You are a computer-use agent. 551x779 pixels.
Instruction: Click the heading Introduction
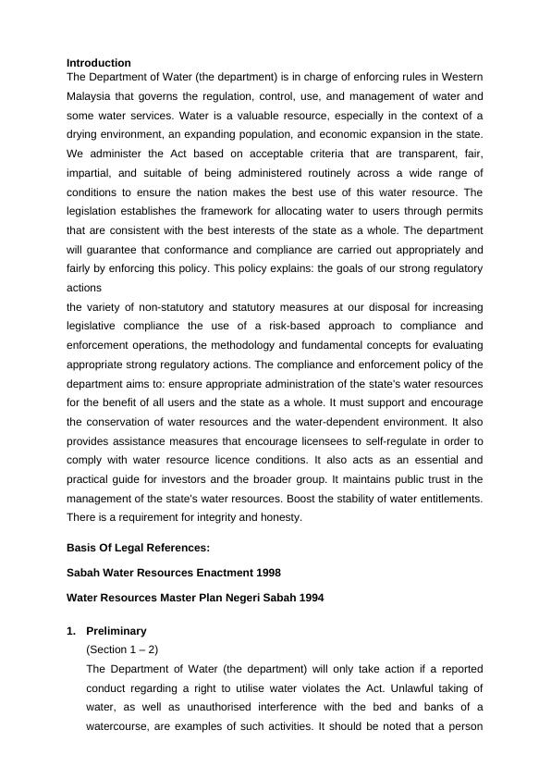tap(99, 63)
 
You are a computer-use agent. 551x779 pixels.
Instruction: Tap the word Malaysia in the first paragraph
tap(92, 95)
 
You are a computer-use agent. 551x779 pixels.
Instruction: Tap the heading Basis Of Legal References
tap(139, 548)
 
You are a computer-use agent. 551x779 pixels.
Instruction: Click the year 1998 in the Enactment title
tap(262, 573)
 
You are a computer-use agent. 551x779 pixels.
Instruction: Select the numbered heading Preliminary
tap(116, 631)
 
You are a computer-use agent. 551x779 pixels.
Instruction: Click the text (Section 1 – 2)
tap(122, 649)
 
